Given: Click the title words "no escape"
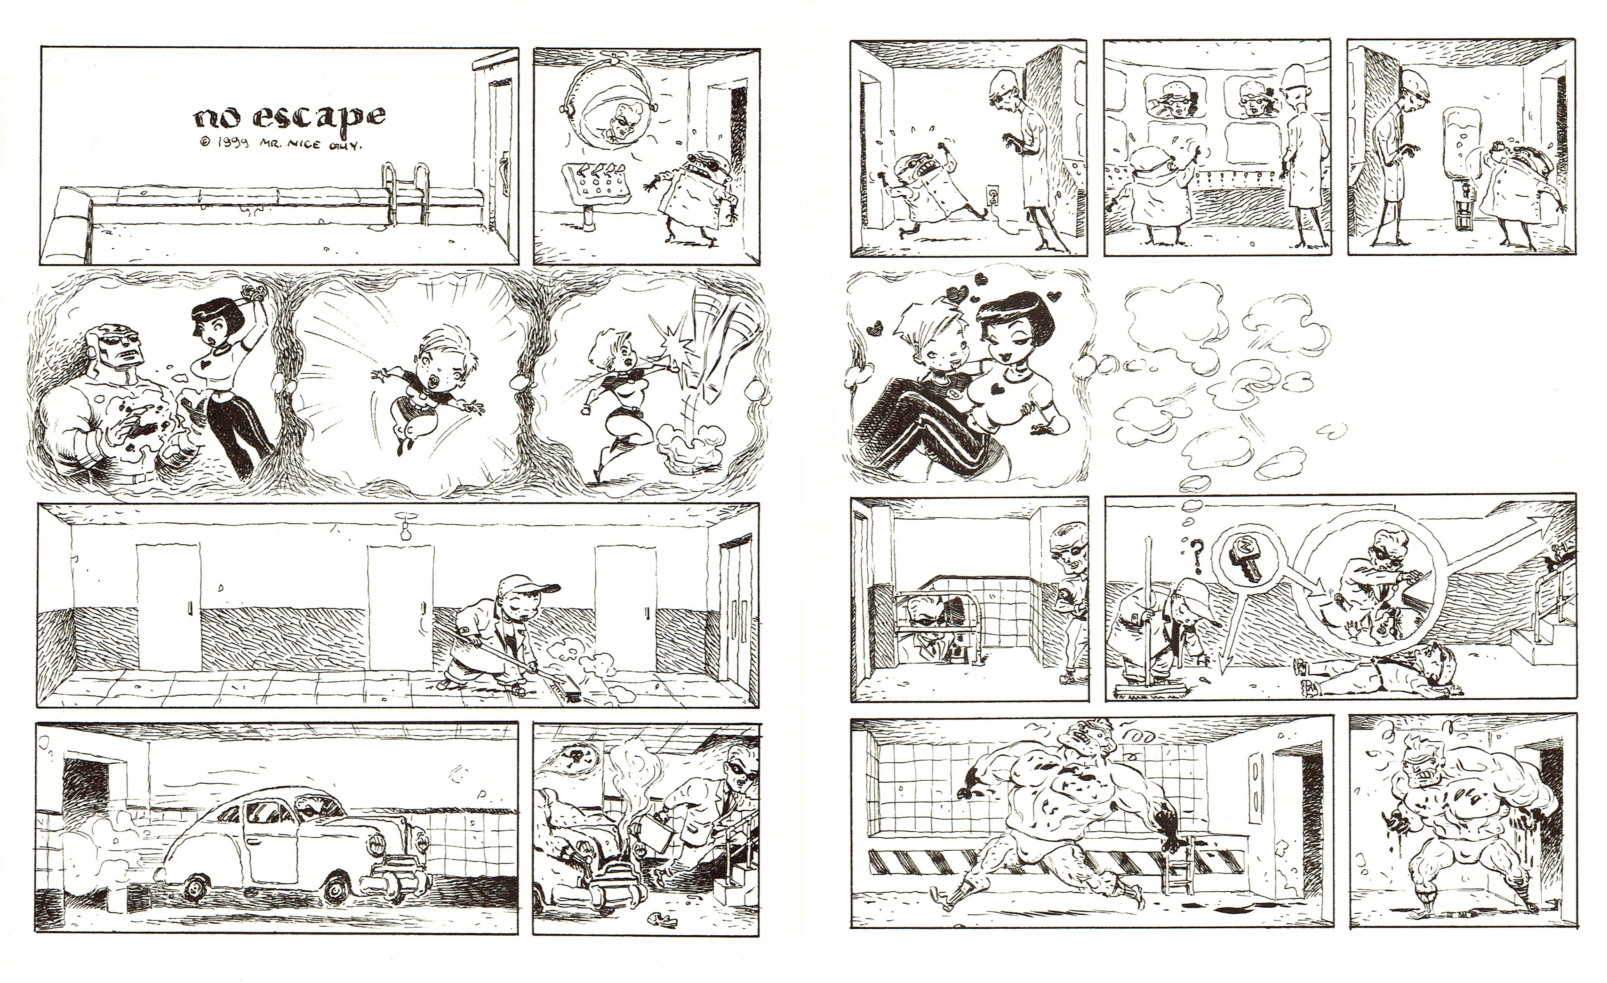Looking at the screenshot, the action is tap(289, 118).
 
